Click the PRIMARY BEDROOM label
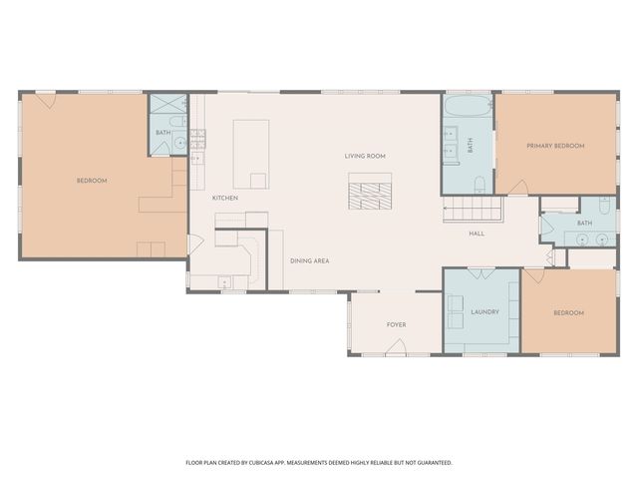coord(555,146)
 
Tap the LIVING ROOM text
coord(365,156)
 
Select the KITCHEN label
coord(225,198)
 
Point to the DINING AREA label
coord(310,260)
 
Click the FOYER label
coord(397,325)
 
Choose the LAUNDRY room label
coord(484,312)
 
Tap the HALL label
coord(478,234)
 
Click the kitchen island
coord(251,154)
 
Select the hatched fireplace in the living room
coord(370,192)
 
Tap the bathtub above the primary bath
coord(468,108)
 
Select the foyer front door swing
coord(396,347)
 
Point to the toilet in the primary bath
coord(479,184)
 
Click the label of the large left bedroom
coord(92,181)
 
